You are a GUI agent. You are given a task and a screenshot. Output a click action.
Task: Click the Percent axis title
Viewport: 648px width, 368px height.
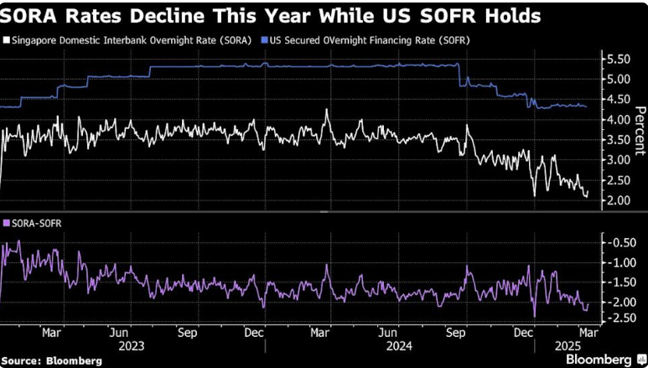639,130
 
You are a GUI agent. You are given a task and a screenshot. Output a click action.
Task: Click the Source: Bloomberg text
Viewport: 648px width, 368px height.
52,360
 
